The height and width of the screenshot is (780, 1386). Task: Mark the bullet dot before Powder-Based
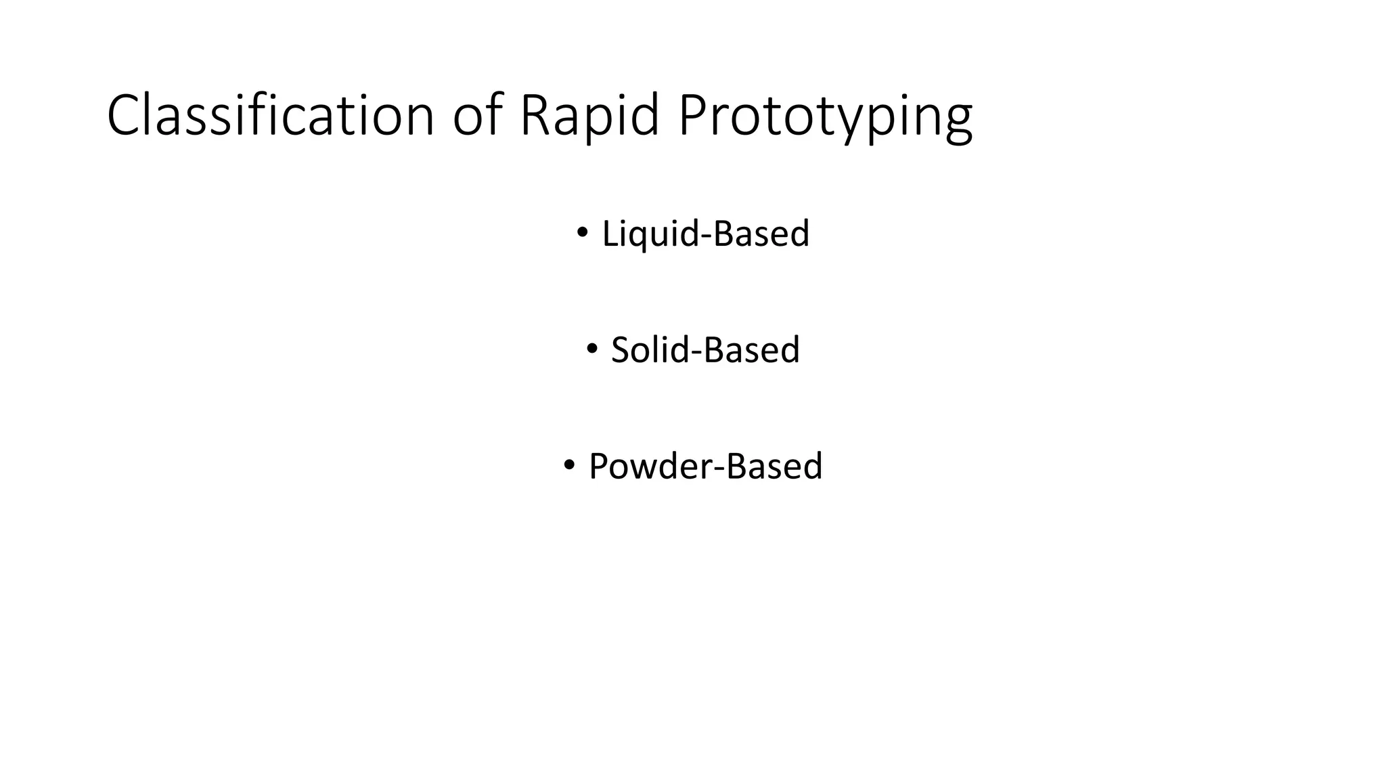(x=568, y=465)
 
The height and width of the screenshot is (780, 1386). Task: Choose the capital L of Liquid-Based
(x=608, y=234)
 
